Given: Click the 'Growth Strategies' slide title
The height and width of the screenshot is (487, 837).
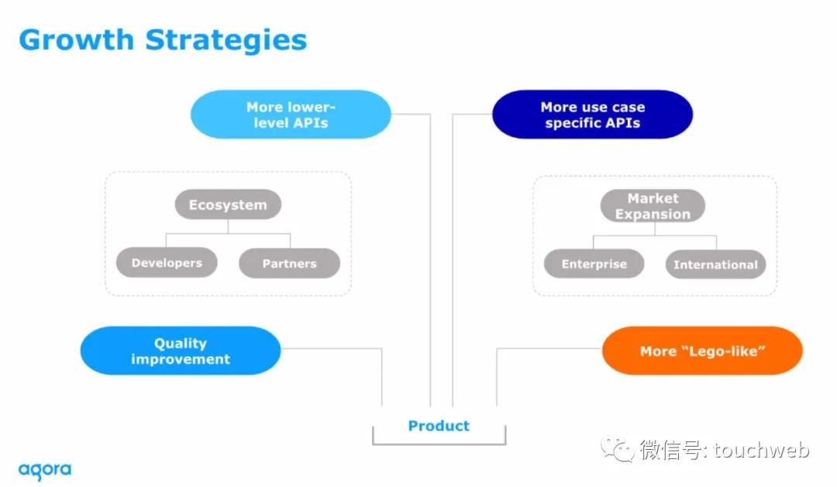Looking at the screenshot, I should point(163,39).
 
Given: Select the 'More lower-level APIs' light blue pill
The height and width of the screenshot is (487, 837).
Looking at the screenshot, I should point(291,115).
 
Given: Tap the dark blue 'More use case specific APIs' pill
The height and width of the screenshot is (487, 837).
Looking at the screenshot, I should point(592,115).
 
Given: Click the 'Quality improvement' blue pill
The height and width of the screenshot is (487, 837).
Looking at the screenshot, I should point(181,351).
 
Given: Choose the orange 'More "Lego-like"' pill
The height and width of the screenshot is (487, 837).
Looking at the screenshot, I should point(702,351).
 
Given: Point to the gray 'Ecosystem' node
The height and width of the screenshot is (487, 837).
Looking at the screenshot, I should point(228,204).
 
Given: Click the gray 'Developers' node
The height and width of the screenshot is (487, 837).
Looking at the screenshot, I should point(167,262).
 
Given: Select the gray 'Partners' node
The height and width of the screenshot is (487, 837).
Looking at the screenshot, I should point(289,263).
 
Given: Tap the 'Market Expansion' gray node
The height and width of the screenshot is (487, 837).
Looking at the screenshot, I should point(653,206).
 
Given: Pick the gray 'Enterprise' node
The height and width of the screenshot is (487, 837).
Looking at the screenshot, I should point(594,264).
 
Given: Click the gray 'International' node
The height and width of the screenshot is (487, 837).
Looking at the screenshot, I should point(715,264).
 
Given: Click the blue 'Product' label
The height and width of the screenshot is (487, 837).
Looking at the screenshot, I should point(439,425).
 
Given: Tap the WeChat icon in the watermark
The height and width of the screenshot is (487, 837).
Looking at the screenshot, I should point(620,449).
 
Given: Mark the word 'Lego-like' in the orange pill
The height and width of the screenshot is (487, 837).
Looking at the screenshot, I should point(724,351).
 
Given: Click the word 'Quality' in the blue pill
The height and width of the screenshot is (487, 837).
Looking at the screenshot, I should point(180,343).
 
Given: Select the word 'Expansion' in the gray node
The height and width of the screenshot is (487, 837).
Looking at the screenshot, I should point(653,214).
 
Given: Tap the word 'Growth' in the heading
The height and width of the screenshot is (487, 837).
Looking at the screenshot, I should point(77,39).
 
